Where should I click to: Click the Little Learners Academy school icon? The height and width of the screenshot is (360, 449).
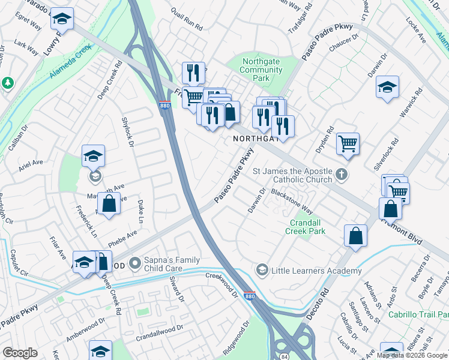point(261,271)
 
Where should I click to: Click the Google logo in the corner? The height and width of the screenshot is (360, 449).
point(20,353)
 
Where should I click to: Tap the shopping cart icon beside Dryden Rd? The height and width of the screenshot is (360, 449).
point(348,143)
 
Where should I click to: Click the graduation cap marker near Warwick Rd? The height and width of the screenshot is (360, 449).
point(388,88)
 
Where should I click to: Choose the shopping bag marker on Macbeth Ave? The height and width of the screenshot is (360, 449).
point(109,203)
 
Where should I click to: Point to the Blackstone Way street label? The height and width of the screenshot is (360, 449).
point(292,202)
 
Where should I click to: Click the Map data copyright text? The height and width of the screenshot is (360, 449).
point(412,355)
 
